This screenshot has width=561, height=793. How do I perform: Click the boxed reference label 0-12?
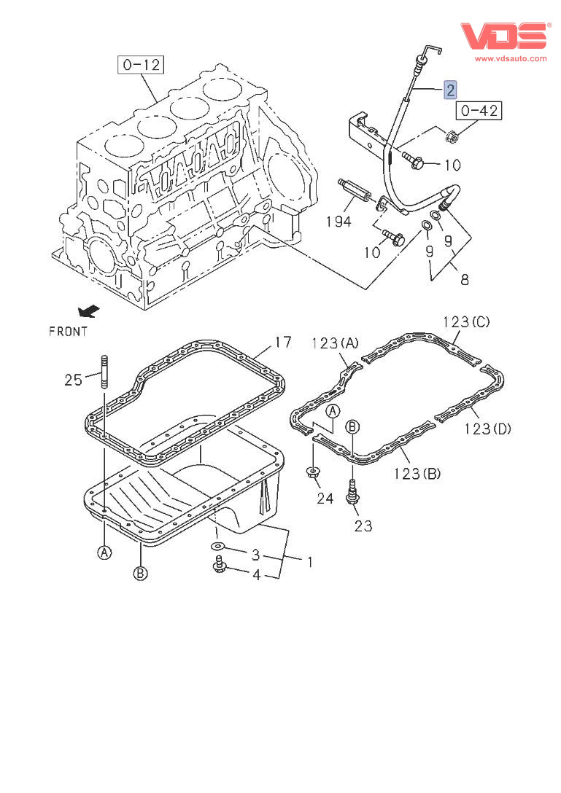point(141,65)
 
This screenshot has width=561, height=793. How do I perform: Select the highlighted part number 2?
point(451,90)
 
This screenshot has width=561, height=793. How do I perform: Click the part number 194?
point(338,221)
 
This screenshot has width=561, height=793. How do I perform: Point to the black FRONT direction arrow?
point(89,312)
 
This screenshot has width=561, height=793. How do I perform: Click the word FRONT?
point(69,332)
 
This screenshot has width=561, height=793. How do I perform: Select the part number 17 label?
point(283,341)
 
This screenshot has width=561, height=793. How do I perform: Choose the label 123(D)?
point(487,429)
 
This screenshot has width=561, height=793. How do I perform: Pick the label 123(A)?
point(336,343)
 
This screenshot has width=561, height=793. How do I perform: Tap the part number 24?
point(325,499)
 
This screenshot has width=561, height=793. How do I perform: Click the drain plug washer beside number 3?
point(218,547)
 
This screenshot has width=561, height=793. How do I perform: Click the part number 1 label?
point(309,562)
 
